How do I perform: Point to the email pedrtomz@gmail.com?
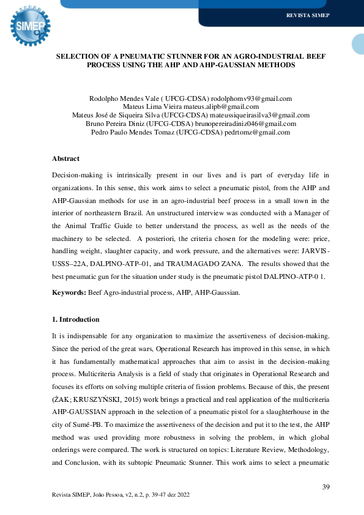tap(257, 132)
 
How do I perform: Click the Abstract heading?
tap(65, 158)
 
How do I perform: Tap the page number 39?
tap(325, 486)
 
